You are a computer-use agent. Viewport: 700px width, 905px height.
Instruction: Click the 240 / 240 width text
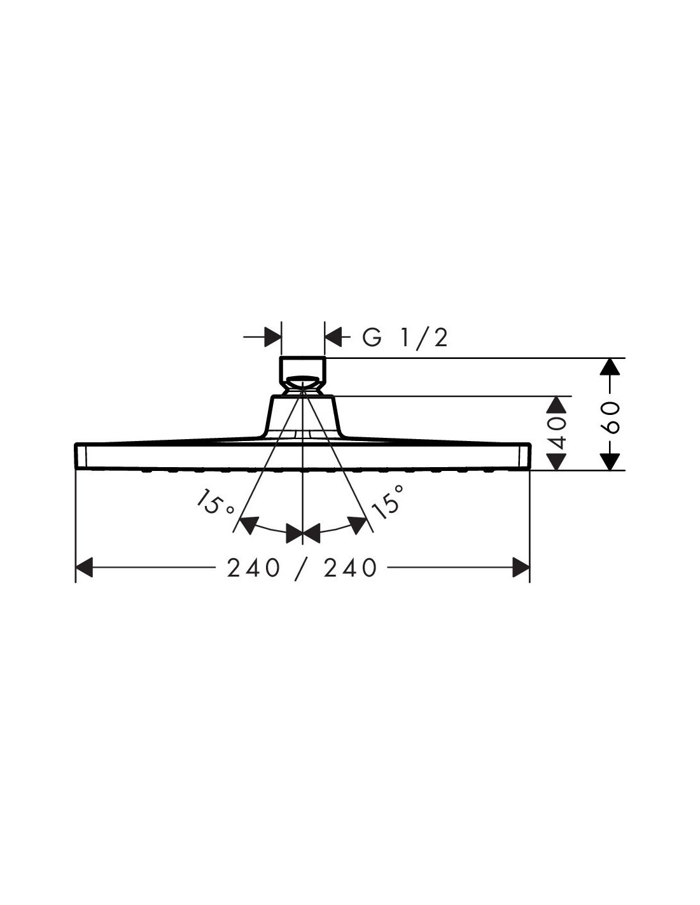point(302,568)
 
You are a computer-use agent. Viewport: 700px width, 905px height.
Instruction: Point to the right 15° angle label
point(388,502)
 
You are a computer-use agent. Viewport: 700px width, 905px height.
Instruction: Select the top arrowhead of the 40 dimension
point(556,405)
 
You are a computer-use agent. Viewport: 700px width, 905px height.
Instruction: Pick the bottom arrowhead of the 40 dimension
point(556,462)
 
